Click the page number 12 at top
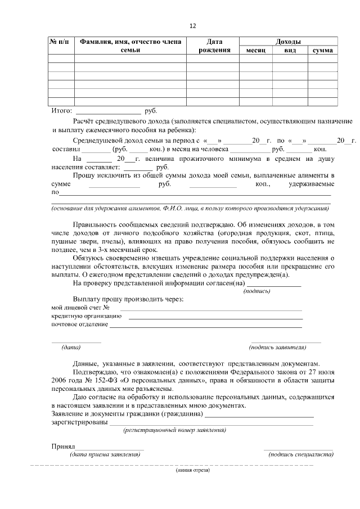pyautogui.click(x=193, y=26)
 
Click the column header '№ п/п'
pyautogui.click(x=61, y=42)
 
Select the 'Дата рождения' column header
pyautogui.click(x=214, y=46)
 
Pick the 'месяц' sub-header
pyautogui.click(x=256, y=51)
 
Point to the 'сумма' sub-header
pyautogui.click(x=323, y=51)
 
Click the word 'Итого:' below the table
pyautogui.click(x=62, y=111)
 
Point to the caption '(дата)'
pyautogui.click(x=71, y=347)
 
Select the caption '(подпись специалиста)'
pyautogui.click(x=298, y=454)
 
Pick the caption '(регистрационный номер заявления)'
pyautogui.click(x=175, y=430)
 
